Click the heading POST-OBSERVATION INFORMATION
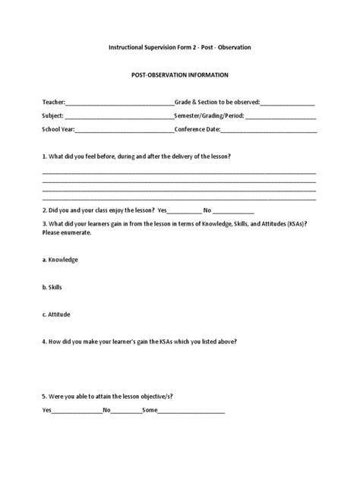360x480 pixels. (x=179, y=76)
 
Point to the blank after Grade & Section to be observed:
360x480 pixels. (x=288, y=103)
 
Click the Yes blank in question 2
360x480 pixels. (x=185, y=210)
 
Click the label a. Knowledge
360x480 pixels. (x=61, y=260)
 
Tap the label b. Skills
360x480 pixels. (x=54, y=287)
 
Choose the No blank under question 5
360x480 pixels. (x=127, y=411)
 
